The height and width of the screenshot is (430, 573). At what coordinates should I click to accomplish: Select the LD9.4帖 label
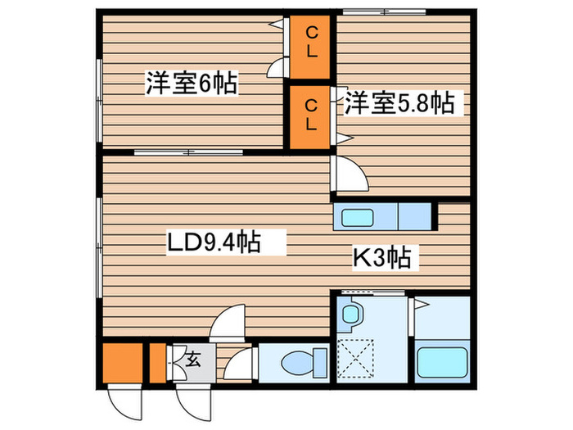pos(214,242)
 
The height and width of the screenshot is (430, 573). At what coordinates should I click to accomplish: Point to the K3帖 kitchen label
pos(381,259)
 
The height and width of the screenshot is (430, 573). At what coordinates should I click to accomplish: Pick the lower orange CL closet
pos(312,115)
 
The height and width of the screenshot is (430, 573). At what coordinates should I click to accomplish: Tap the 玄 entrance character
pos(193,358)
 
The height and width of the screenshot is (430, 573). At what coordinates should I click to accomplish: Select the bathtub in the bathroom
pos(443,361)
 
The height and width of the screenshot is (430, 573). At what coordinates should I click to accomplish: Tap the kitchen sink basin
pos(357,219)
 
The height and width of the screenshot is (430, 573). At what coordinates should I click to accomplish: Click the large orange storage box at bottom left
pos(124,361)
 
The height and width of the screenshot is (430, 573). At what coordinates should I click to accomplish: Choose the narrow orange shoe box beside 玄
pos(158,361)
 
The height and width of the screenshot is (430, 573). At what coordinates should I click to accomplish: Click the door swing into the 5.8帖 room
pos(347,174)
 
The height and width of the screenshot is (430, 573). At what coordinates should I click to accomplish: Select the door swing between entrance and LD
pos(228,324)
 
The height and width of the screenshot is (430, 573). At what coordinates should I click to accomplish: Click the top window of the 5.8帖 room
pos(384,11)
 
